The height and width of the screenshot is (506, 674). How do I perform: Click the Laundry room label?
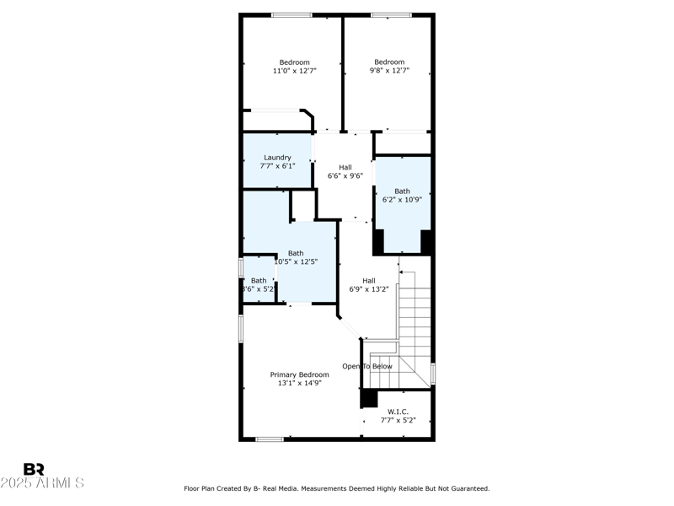[x=277, y=157]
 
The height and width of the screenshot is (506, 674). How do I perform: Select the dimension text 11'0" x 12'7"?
[x=294, y=71]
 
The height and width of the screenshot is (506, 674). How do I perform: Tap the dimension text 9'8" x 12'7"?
[x=389, y=71]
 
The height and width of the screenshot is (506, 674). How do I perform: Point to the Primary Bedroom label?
[x=299, y=374]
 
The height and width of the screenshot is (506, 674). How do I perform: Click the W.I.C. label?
[x=398, y=412]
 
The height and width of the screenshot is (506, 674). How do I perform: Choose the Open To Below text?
[x=366, y=366]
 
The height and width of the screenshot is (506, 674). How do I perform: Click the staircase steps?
[x=415, y=312]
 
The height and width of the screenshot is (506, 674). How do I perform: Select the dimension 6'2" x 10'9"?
[x=402, y=200]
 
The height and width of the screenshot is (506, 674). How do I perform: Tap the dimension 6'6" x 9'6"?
[x=345, y=176]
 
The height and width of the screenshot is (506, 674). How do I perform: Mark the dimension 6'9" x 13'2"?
[x=368, y=290]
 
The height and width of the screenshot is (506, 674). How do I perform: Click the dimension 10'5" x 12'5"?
[x=296, y=261]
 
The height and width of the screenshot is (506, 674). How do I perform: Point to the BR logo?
[x=34, y=470]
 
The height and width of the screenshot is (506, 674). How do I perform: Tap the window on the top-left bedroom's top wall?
[x=292, y=14]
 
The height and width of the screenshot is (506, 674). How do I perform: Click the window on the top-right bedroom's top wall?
[x=391, y=14]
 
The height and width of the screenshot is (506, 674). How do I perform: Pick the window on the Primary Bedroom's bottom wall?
[x=269, y=439]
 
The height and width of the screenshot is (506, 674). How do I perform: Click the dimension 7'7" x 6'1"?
[x=277, y=166]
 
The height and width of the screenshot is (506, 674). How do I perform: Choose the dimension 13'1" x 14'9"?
[x=299, y=383]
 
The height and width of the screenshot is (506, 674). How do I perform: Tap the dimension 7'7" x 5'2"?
[x=398, y=420]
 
